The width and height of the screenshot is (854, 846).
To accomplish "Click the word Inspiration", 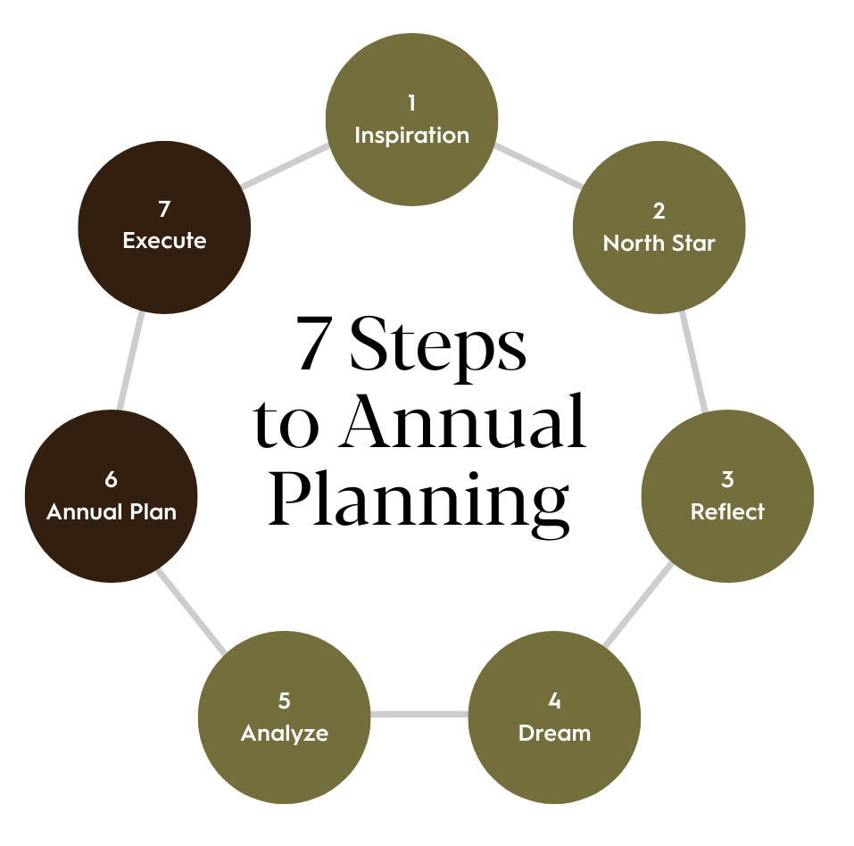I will coord(411,136).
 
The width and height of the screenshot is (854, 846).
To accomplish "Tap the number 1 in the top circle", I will coord(411,104).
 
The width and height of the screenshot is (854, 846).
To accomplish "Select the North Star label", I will coord(659,243).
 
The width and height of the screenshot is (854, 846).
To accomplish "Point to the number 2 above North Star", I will coord(659,211).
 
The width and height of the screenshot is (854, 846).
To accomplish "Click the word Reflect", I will coord(727,512).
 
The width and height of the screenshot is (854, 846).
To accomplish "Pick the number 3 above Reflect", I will coord(727,479).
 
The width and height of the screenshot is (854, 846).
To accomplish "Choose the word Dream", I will coord(554,734).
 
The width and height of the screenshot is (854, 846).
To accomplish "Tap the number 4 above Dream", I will coord(554,701).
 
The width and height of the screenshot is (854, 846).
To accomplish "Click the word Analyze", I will coord(285,734).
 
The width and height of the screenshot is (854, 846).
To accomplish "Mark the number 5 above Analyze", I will coord(284,701).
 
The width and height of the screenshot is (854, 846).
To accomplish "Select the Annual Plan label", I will coord(112,512).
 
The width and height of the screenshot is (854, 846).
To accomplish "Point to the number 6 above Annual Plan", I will coord(111,479).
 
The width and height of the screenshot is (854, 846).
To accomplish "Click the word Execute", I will coord(164,241).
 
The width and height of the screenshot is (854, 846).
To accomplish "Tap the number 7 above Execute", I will coord(164,209).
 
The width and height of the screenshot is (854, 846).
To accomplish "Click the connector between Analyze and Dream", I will coord(419,714).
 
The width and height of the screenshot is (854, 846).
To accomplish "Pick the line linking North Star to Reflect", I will coord(693,361).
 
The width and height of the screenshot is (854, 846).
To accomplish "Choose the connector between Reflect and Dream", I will coord(639,604).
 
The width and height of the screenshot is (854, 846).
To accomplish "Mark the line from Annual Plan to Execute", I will coord(130,361).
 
